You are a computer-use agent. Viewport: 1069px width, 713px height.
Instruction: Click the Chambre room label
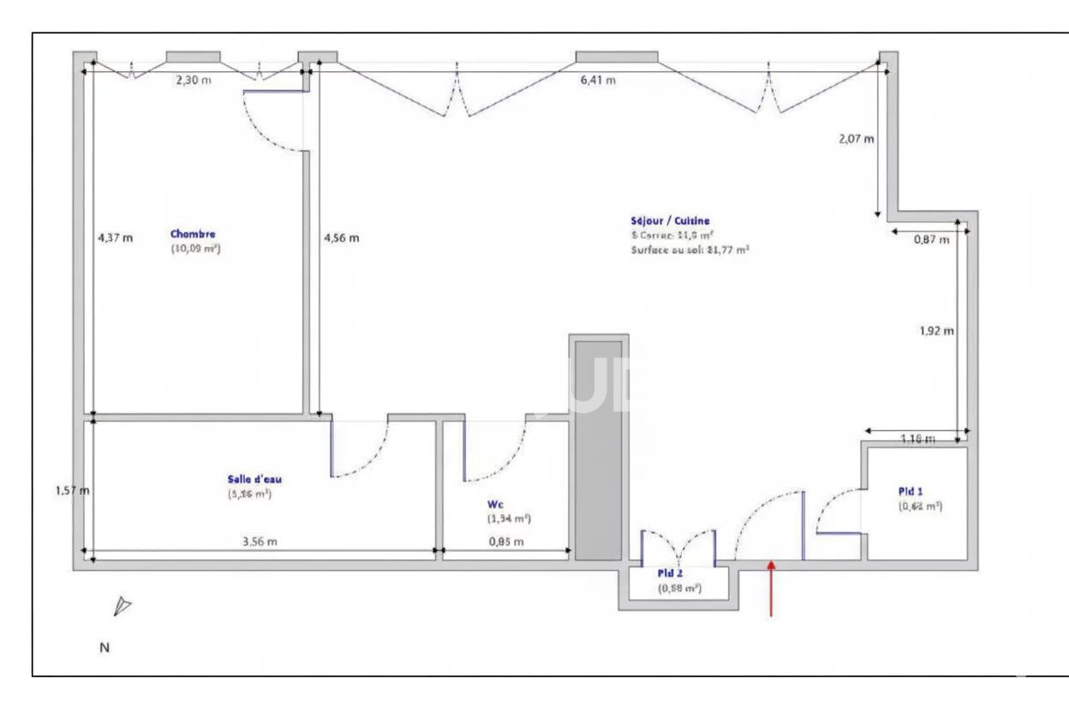193,234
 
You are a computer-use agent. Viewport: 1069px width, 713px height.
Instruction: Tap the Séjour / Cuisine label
671,220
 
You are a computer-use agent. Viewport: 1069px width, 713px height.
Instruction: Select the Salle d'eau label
249,479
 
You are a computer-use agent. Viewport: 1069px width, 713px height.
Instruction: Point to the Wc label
495,505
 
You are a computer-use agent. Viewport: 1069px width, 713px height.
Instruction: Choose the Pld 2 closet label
670,573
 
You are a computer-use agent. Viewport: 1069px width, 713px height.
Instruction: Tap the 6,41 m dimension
599,81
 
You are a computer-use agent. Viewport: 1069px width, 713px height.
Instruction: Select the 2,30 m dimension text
193,81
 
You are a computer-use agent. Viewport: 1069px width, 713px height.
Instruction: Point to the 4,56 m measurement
341,238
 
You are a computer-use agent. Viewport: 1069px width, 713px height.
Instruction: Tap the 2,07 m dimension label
857,139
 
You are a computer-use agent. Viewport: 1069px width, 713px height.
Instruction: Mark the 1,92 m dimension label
937,331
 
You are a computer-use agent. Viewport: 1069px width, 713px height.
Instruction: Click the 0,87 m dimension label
931,240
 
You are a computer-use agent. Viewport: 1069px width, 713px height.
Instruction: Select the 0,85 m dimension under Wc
506,542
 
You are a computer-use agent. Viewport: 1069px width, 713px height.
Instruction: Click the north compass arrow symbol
122,607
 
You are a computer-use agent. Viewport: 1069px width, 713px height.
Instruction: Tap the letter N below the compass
105,648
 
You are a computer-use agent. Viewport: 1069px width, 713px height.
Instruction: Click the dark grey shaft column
597,450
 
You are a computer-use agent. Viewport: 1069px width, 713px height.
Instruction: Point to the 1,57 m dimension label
73,491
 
